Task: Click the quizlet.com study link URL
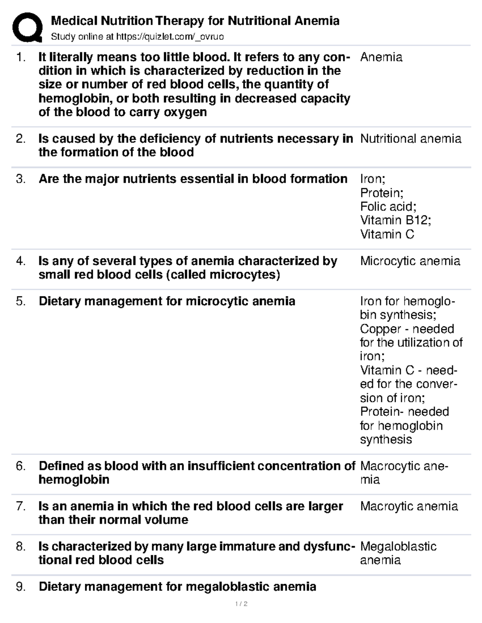pos(170,37)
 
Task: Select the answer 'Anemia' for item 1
pos(381,57)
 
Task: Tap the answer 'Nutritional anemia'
pos(411,139)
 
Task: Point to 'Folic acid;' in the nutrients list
pos(388,207)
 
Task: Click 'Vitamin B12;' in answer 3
pos(395,220)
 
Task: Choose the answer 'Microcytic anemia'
pos(410,261)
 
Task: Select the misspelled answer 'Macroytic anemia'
pos(409,506)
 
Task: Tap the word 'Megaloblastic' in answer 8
pos(398,546)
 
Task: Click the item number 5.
pos(20,301)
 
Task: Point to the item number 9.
pos(20,587)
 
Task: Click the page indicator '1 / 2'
pos(241,604)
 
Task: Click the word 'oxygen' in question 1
pos(185,112)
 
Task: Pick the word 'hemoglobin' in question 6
pos(74,480)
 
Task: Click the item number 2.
pos(20,139)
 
